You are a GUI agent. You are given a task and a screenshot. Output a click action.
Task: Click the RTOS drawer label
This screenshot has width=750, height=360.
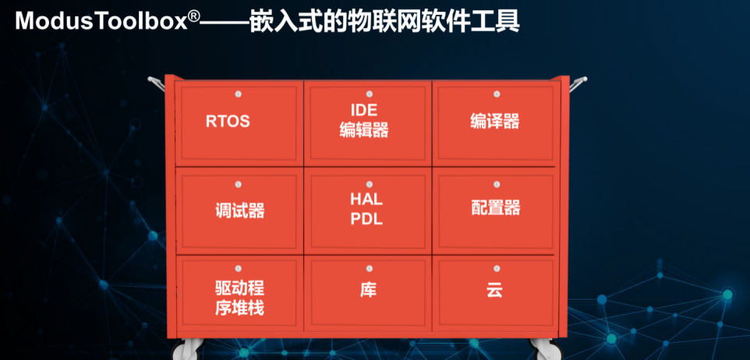(228, 122)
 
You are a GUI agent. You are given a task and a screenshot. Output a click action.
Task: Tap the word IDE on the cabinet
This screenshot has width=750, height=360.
(364, 111)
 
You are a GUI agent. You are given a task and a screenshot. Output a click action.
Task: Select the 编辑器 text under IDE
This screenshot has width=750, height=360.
(364, 130)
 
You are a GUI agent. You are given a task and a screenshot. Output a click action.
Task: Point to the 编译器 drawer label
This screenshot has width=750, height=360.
(494, 122)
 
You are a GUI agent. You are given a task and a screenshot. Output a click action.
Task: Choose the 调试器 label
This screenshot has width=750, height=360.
(239, 211)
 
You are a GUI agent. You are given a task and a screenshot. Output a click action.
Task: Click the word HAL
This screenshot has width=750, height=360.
(366, 199)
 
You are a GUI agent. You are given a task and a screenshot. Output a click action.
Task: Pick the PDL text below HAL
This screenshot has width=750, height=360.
(366, 219)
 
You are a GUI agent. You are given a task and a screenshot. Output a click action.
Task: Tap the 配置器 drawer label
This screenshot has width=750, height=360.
(496, 208)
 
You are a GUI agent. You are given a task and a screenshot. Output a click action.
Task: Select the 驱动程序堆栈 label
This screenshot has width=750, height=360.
(239, 298)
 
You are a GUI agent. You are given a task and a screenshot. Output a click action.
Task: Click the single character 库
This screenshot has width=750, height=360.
(368, 289)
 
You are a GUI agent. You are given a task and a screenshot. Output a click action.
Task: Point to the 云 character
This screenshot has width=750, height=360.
(494, 290)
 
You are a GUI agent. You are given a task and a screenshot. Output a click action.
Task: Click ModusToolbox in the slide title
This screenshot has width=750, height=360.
(101, 22)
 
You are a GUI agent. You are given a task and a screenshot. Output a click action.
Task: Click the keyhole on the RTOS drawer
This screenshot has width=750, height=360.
(239, 94)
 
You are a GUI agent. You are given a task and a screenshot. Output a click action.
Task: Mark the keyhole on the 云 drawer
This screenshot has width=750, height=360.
(497, 269)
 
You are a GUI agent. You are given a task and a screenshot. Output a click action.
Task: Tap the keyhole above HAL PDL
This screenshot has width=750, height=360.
(368, 184)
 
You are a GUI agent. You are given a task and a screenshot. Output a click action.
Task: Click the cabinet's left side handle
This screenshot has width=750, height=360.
(156, 82)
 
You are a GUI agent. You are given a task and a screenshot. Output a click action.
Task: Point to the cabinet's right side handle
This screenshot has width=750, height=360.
(578, 83)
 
